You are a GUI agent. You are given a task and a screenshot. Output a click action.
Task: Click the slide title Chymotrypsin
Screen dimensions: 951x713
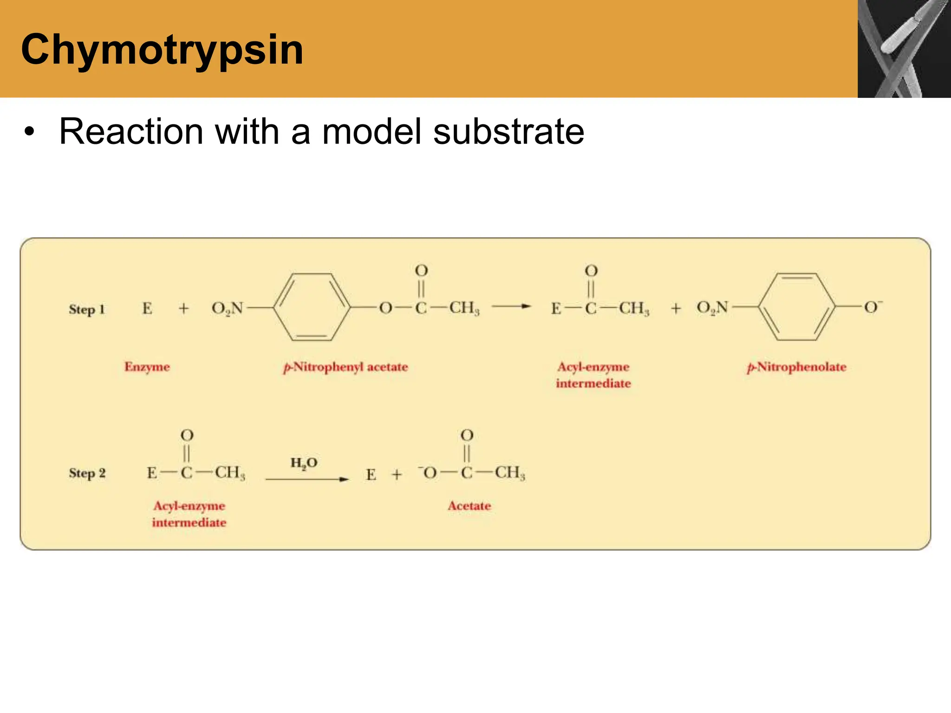162,50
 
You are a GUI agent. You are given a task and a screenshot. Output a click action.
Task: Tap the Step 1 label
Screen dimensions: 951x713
87,310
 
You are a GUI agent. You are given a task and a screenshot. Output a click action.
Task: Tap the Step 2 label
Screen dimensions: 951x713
87,473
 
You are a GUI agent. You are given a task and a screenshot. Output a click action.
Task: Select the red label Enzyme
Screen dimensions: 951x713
147,367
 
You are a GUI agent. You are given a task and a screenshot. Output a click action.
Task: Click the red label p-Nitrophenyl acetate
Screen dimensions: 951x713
345,367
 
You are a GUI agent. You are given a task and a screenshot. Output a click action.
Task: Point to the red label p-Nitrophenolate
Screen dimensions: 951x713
796,367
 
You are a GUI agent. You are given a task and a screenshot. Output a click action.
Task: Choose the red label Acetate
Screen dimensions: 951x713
469,506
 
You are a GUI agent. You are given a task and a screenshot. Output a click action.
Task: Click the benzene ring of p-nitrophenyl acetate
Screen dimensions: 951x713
312,307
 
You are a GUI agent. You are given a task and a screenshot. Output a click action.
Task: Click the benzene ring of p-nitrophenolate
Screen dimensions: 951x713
797,307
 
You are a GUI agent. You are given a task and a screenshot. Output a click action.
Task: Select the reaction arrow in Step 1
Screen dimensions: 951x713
511,306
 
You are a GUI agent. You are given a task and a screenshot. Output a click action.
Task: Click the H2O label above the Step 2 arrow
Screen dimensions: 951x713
304,463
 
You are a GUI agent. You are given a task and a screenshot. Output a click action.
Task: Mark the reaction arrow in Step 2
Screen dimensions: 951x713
307,479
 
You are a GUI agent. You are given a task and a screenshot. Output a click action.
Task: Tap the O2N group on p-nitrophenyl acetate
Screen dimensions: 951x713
227,308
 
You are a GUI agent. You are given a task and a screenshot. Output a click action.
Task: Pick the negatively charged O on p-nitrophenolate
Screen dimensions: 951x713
872,307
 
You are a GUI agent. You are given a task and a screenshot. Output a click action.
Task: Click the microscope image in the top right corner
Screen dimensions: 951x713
904,49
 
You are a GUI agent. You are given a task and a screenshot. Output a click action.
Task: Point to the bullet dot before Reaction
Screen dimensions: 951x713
29,132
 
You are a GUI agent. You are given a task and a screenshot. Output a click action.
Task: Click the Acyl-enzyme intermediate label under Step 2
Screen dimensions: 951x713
189,514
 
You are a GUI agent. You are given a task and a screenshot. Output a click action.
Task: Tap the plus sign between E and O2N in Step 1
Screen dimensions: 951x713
184,308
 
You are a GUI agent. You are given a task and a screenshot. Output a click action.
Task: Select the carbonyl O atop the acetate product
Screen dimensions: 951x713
467,435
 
